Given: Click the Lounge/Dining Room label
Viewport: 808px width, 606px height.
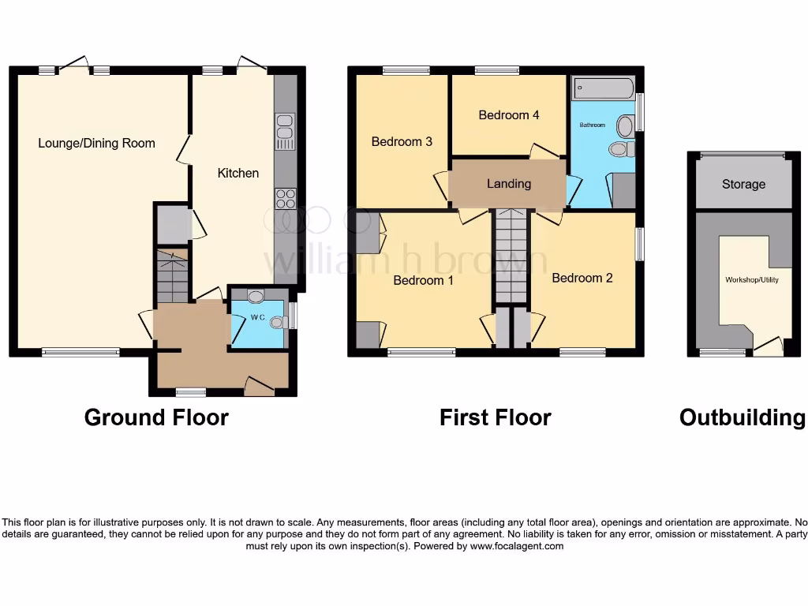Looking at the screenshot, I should pyautogui.click(x=96, y=143).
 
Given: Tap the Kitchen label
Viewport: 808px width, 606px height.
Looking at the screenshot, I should pyautogui.click(x=238, y=173).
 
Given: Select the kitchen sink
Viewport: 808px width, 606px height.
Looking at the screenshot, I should pyautogui.click(x=285, y=132).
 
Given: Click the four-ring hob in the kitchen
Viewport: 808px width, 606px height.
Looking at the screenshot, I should pyautogui.click(x=285, y=198).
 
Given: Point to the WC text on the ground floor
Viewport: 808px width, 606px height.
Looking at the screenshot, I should pyautogui.click(x=256, y=318).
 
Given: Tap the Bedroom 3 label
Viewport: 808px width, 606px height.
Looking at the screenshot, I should pyautogui.click(x=402, y=142).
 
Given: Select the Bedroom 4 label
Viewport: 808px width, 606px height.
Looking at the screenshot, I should pyautogui.click(x=509, y=115).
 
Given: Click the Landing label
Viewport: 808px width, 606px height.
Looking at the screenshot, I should pyautogui.click(x=508, y=184).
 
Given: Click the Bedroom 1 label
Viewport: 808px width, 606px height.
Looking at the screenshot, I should pyautogui.click(x=423, y=280).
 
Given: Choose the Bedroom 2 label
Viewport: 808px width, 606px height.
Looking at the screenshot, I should pyautogui.click(x=582, y=278).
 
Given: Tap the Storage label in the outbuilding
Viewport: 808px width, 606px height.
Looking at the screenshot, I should pyautogui.click(x=743, y=184).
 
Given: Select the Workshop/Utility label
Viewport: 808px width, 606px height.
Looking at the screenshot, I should pyautogui.click(x=751, y=280).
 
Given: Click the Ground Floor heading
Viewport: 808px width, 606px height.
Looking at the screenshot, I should pyautogui.click(x=156, y=417).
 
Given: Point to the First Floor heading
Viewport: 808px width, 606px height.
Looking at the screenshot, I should pyautogui.click(x=495, y=417).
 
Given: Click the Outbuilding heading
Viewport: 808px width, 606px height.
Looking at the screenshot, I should pyautogui.click(x=743, y=417).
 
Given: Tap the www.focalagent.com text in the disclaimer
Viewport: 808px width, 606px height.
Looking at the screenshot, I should pyautogui.click(x=517, y=546).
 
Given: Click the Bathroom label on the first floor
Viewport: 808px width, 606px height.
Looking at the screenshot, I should pyautogui.click(x=593, y=125).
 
